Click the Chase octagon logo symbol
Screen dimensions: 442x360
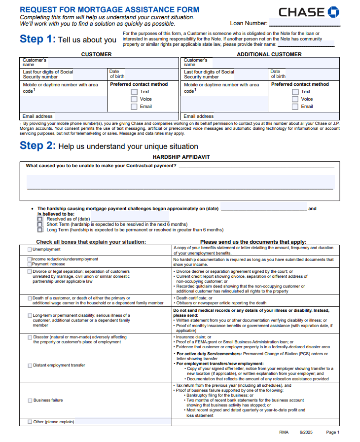[333, 12]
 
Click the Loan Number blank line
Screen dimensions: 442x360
[304, 23]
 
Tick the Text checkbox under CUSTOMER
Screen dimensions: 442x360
[134, 92]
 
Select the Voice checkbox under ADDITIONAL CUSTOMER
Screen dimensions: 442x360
[295, 99]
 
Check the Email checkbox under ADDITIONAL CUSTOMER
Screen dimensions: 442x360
[295, 107]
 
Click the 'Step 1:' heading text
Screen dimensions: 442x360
[37, 39]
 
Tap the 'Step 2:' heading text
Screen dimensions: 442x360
[37, 146]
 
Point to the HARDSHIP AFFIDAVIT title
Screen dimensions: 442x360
[181, 157]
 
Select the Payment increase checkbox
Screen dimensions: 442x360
[30, 264]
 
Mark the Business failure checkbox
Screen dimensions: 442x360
[30, 401]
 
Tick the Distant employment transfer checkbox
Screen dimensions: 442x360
[30, 366]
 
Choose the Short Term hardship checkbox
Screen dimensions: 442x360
[40, 224]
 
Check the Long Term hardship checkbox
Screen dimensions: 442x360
[40, 230]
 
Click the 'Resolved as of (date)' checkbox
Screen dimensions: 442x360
[40, 219]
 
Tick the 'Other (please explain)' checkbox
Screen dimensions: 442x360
[30, 422]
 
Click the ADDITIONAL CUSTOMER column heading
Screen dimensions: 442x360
[269, 54]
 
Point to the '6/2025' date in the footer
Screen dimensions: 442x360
[306, 432]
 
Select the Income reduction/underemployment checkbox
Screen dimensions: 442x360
[30, 259]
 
